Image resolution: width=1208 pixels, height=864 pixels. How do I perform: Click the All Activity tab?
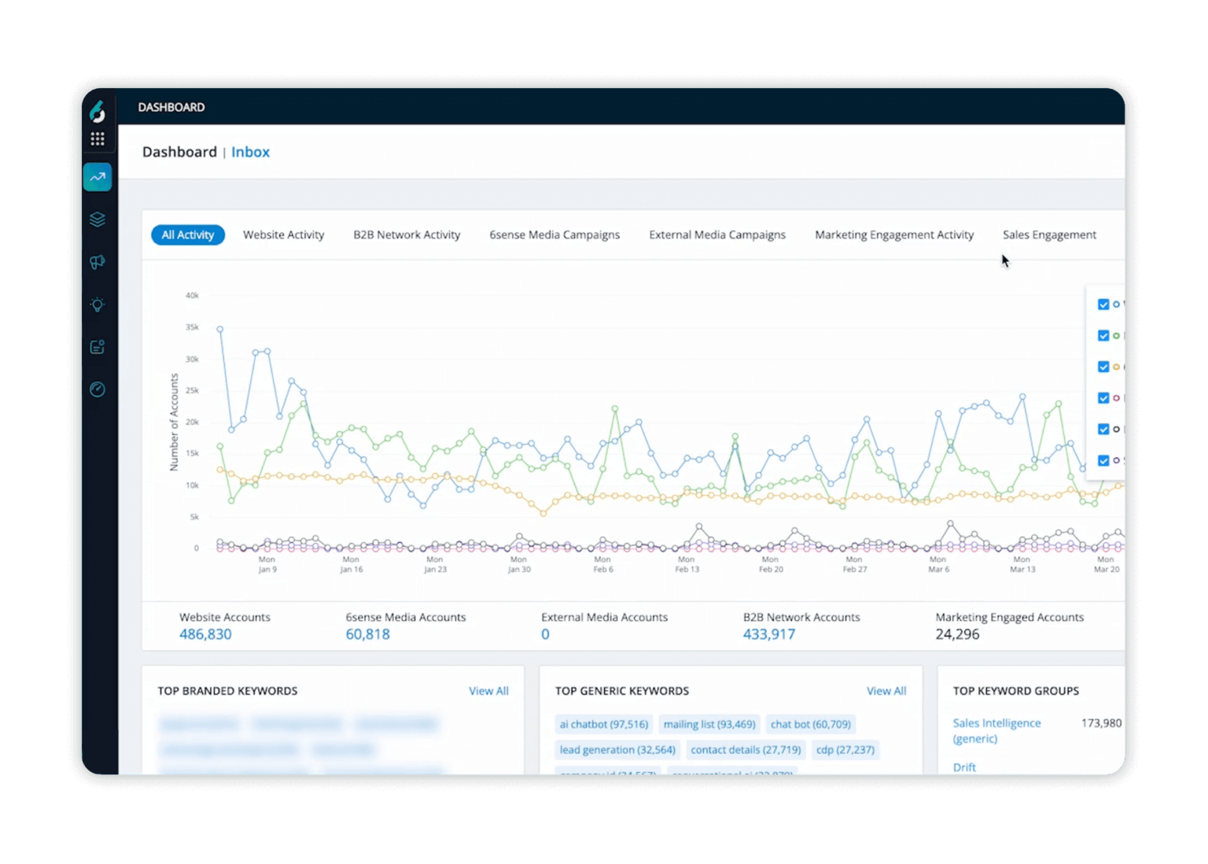point(188,234)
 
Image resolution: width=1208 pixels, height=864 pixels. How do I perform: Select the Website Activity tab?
point(283,234)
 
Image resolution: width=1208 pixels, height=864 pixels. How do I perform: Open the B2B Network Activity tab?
point(407,234)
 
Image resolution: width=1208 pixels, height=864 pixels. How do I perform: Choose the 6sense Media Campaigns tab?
point(554,234)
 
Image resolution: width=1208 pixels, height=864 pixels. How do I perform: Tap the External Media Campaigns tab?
point(717,234)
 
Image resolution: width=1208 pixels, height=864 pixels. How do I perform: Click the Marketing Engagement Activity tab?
point(894,234)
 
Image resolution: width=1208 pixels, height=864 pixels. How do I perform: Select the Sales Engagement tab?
point(1049,234)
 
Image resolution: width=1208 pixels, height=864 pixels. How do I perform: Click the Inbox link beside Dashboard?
point(250,152)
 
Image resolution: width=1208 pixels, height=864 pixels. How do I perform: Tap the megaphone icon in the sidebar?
point(98,262)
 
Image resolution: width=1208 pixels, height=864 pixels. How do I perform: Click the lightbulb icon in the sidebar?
point(98,305)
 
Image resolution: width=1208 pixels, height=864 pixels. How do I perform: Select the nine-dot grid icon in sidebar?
point(98,139)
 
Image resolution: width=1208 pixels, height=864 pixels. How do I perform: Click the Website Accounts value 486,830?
point(205,634)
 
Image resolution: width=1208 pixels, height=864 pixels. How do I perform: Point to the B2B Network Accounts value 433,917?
point(769,634)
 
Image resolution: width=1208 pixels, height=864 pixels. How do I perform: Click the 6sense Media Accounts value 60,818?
point(367,634)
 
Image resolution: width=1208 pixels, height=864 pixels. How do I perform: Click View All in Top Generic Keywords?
point(886,691)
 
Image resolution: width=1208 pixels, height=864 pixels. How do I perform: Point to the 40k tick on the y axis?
point(192,296)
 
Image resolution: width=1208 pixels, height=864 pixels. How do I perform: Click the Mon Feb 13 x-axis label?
point(687,564)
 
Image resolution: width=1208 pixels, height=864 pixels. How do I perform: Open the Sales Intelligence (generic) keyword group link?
point(996,730)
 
